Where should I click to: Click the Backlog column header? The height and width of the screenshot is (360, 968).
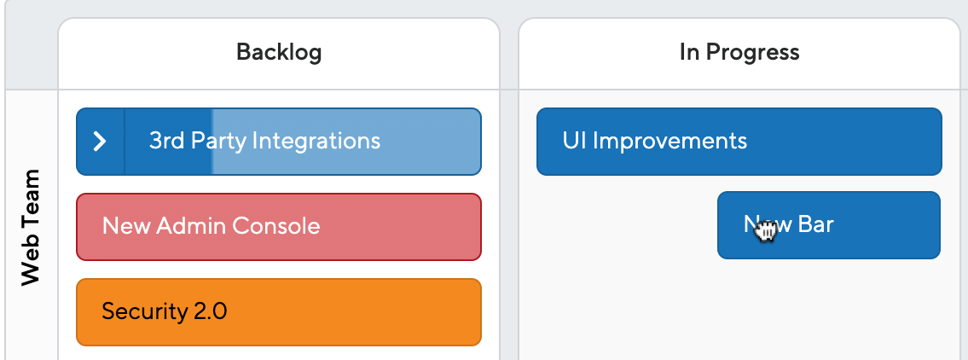click(279, 53)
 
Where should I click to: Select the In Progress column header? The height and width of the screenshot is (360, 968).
click(739, 53)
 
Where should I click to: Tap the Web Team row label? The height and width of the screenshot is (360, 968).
click(30, 227)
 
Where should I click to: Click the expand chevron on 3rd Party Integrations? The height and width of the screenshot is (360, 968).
click(100, 142)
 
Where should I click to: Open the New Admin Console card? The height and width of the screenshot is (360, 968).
click(278, 227)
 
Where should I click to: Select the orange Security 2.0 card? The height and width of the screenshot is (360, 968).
click(278, 312)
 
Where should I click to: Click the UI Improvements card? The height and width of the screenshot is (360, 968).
click(739, 142)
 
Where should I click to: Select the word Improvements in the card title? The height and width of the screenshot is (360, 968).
click(669, 142)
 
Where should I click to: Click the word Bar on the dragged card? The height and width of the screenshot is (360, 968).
click(815, 224)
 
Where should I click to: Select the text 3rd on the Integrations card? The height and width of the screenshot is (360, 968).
click(167, 141)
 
